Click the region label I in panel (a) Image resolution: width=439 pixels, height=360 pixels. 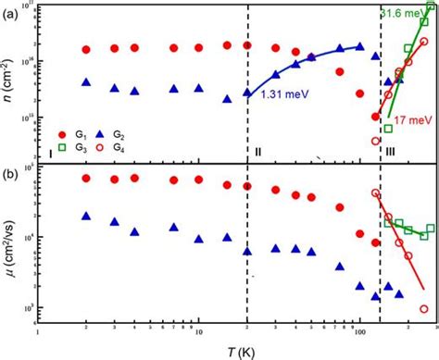coord(49,151)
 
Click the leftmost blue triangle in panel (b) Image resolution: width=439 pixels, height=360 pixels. coord(86,216)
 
